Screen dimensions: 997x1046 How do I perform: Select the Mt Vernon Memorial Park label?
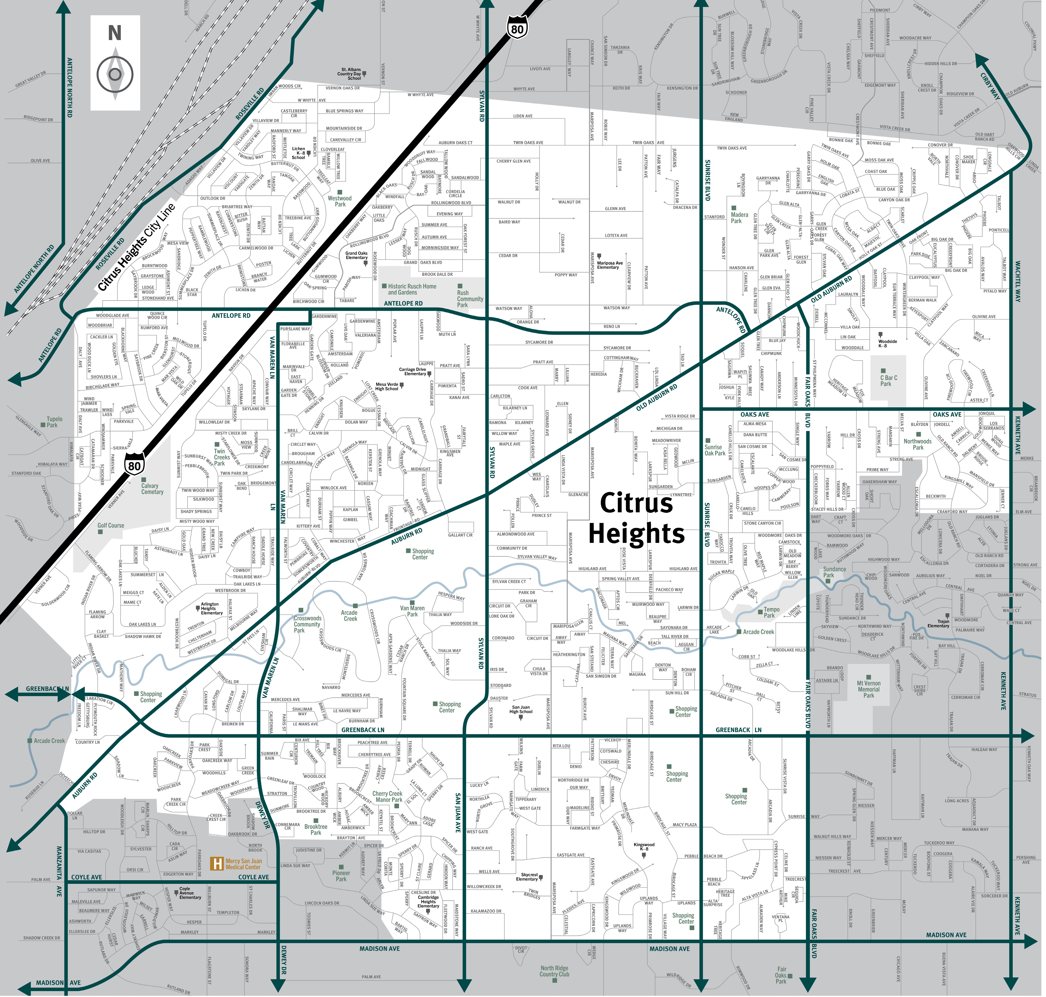[x=868, y=689]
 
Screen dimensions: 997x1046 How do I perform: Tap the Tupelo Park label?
[x=54, y=422]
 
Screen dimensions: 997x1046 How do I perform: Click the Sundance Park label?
[x=834, y=572]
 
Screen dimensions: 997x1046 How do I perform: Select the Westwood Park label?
[x=340, y=201]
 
